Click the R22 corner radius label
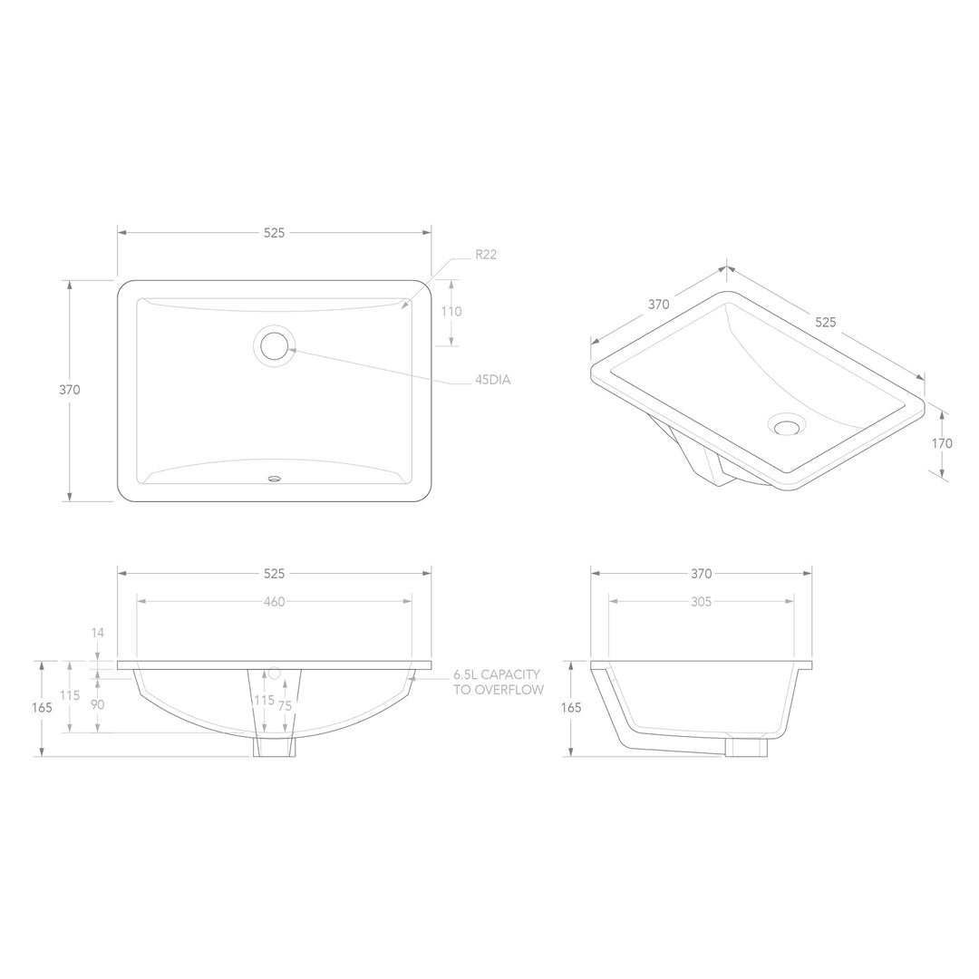486,255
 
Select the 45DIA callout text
493,380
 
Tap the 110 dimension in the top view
451,311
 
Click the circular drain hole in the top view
275,344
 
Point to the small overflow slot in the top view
275,477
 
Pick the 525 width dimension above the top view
275,233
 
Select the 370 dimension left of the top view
70,390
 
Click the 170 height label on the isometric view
942,443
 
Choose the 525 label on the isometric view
825,322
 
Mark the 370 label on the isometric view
659,305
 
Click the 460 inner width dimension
275,602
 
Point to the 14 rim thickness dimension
98,633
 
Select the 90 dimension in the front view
97,704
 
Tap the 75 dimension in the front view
285,704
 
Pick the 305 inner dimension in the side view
701,601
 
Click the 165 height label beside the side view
570,708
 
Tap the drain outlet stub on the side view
746,747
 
